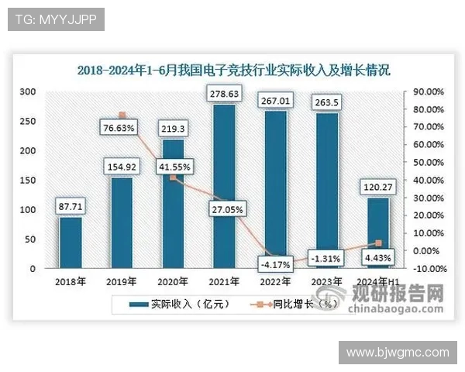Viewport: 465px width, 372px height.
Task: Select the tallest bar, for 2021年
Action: [x=224, y=187]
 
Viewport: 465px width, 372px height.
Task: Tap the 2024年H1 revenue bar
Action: [x=377, y=233]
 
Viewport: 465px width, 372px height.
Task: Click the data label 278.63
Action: [x=224, y=95]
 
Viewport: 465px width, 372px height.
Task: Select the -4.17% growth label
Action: [x=276, y=265]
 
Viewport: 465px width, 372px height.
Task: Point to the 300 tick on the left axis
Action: [x=28, y=91]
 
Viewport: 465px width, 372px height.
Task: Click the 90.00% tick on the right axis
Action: [x=427, y=91]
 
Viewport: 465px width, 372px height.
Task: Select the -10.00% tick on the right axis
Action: [x=426, y=269]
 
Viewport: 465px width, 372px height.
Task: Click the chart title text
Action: [x=233, y=69]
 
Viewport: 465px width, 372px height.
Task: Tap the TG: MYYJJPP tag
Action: [x=56, y=19]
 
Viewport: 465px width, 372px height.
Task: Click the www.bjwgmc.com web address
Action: [x=398, y=352]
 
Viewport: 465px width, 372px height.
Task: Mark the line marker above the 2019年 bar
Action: [x=122, y=115]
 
